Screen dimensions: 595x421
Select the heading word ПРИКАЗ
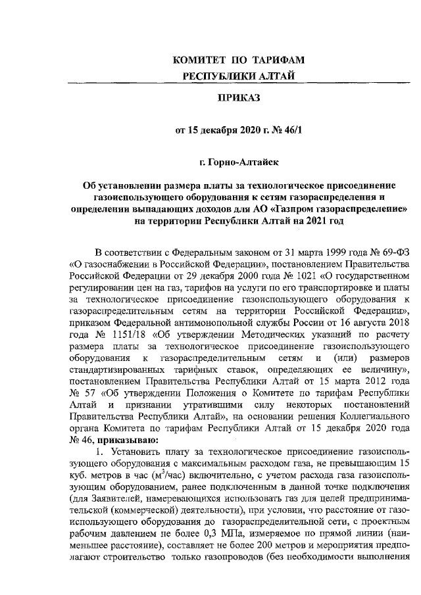[239, 98]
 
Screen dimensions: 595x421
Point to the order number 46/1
[291, 130]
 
